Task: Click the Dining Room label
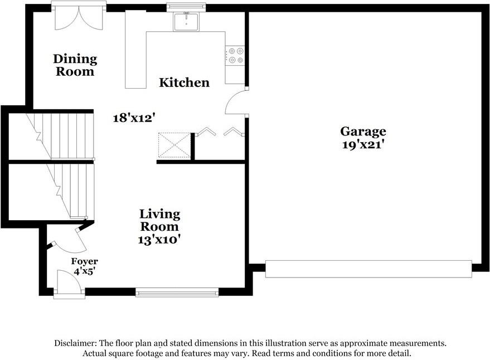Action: point(75,65)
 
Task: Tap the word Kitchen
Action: point(184,82)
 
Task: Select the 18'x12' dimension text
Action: point(134,118)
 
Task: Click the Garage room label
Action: point(363,132)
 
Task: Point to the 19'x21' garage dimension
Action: point(363,145)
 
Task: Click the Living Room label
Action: point(159,220)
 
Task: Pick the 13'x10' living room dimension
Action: point(159,240)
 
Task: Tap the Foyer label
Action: point(84,261)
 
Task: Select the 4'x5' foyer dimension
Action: point(84,271)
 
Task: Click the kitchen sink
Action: point(186,22)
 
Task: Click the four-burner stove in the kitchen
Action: point(235,55)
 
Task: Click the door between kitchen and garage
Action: point(236,102)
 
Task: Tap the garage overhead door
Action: point(368,269)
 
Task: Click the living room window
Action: point(177,293)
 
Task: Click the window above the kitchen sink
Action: point(186,7)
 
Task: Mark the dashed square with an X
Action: point(174,145)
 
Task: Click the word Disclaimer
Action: point(76,343)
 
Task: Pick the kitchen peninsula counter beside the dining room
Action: point(135,50)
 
